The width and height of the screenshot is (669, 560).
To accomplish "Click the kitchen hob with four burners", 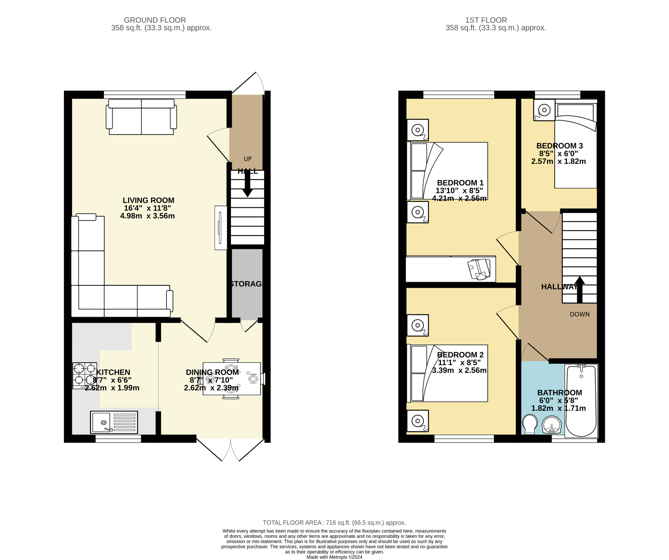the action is tap(85, 376).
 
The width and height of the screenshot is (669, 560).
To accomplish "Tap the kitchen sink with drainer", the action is tap(114, 422).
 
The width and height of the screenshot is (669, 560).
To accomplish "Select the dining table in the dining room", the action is tap(232, 379).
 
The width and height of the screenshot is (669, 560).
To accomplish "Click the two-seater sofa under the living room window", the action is tap(141, 117).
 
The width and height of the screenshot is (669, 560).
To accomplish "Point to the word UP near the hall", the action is tap(247, 159).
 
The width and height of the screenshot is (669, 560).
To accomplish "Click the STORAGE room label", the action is tap(246, 284).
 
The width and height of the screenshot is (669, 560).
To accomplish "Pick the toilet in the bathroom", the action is tap(530, 424).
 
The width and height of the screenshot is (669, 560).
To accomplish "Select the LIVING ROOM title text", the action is tap(148, 201).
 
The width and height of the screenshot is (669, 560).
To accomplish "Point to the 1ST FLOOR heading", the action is tap(486, 20).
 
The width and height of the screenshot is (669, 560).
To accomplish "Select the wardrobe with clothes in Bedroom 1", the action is tap(451, 269).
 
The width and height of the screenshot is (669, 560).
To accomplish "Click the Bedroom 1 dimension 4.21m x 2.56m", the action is tap(459, 198).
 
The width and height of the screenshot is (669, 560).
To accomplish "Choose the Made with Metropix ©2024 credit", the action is tap(334, 557).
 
